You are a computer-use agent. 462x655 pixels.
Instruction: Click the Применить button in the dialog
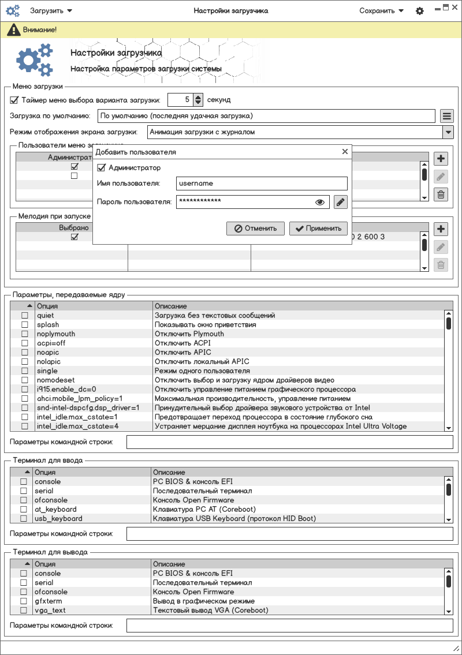319,228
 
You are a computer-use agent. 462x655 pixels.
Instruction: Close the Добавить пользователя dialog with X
345,152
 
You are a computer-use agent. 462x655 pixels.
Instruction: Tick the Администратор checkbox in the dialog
102,168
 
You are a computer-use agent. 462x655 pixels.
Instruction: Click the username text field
262,184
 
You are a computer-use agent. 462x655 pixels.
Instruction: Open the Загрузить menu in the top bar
51,10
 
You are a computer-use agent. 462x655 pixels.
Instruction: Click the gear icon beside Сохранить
420,11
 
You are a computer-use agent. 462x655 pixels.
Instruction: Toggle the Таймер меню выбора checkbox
14,100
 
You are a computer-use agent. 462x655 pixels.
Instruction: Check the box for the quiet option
25,316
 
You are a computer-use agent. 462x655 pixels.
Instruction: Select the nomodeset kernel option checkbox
25,380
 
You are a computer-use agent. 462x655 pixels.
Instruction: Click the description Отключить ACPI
182,343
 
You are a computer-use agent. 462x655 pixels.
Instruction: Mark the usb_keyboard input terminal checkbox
24,519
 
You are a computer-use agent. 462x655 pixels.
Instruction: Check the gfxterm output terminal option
24,601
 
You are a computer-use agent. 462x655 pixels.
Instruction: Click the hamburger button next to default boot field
446,116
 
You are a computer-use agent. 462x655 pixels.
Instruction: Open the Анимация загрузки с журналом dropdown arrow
448,132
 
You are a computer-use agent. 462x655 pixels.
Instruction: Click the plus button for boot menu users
441,159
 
